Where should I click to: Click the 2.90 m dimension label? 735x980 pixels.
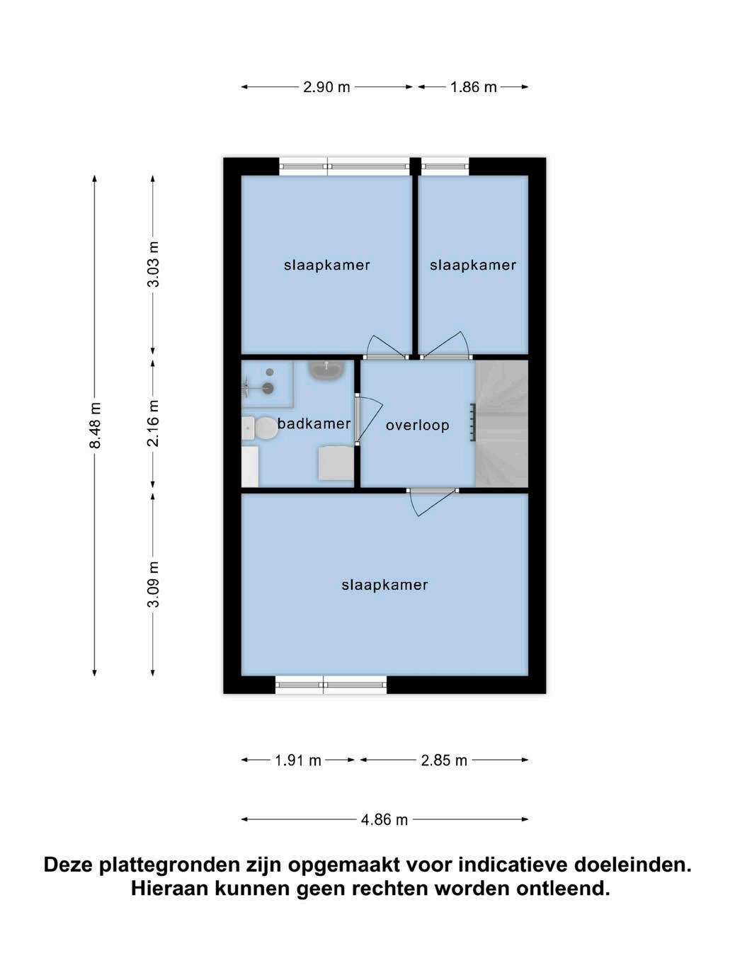point(326,87)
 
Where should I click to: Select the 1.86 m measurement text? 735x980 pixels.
point(473,87)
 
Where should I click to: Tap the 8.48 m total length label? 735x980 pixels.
point(95,425)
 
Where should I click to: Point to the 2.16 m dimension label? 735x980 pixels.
point(153,423)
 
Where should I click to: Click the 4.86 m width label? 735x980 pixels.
point(384,820)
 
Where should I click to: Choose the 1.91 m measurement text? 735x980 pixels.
point(297,760)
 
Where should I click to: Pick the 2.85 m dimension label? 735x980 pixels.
point(443,760)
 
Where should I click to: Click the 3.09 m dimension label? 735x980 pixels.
point(153,584)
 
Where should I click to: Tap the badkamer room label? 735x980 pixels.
point(314,423)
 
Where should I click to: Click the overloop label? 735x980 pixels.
point(417,426)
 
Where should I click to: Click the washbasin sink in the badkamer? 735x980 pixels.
point(328,370)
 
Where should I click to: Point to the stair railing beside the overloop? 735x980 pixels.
point(472,423)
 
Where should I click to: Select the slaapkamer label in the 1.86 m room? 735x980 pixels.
point(472,266)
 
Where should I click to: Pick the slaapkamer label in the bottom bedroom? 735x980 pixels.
point(384,585)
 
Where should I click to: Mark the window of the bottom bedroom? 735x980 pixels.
point(331,685)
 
